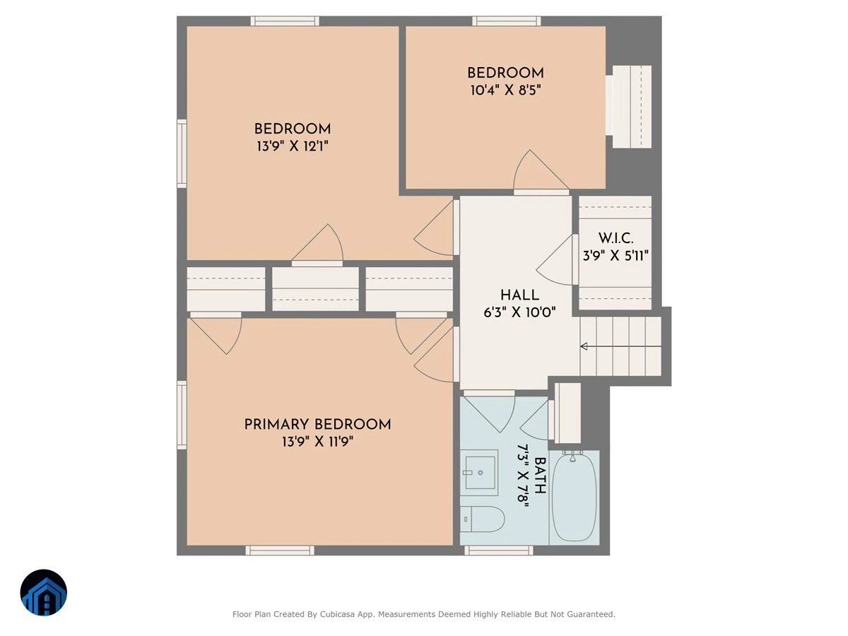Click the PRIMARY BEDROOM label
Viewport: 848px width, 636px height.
click(x=317, y=425)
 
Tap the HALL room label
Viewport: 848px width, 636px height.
click(x=519, y=295)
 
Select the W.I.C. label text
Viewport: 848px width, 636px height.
click(x=616, y=238)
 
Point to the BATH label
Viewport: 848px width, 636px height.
click(x=539, y=476)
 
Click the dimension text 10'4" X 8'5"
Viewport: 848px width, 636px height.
click(x=505, y=90)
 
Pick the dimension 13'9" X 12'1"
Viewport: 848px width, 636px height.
click(x=293, y=146)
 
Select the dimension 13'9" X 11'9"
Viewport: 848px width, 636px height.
click(x=317, y=442)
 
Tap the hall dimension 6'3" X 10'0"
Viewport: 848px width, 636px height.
click(x=519, y=312)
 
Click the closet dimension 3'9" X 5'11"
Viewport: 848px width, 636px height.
click(x=616, y=256)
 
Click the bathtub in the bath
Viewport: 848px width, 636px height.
click(x=574, y=498)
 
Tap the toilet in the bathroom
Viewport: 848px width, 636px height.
click(x=482, y=519)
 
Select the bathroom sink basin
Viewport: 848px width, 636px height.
click(x=480, y=473)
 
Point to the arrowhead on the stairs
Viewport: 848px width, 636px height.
click(x=584, y=346)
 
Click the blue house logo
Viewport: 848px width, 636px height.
click(x=44, y=592)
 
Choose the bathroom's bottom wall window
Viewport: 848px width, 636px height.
click(x=498, y=550)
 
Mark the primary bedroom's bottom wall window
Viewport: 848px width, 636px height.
click(x=280, y=550)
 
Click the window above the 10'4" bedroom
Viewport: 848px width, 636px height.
click(x=506, y=21)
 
